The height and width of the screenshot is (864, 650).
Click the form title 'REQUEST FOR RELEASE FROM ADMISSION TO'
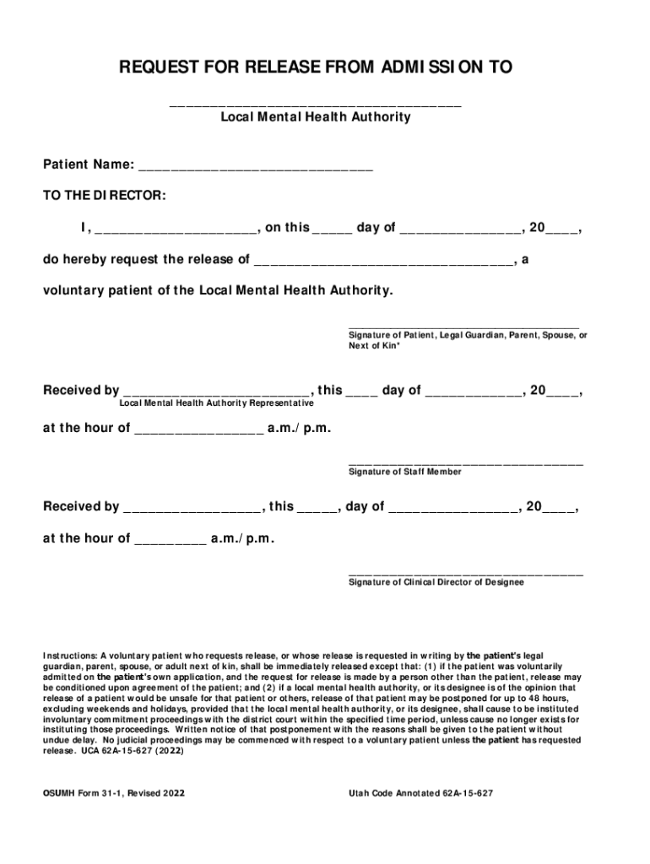[315, 67]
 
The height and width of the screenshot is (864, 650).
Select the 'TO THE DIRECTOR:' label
[105, 196]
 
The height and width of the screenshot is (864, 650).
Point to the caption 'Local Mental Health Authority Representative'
[216, 404]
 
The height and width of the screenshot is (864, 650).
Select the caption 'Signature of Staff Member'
[405, 472]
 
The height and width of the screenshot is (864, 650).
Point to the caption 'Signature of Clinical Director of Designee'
[436, 583]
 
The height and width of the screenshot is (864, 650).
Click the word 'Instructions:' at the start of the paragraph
[71, 655]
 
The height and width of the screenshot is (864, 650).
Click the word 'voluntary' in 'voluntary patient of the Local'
[72, 290]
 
